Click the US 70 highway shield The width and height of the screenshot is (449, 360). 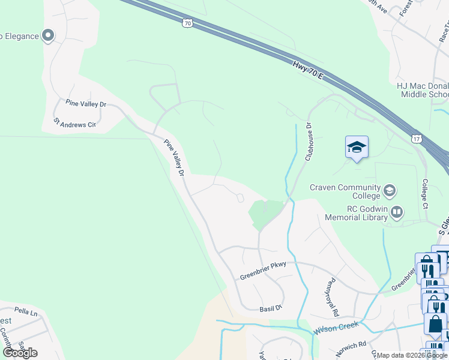tap(187, 23)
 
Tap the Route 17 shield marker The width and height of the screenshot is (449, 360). tap(417, 139)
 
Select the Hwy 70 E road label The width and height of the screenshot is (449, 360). tap(308, 71)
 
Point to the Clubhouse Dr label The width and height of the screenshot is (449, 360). tap(309, 142)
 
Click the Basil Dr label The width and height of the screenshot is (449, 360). tap(271, 308)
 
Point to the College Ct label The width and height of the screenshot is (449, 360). tap(424, 194)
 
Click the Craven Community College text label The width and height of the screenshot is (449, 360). tap(345, 191)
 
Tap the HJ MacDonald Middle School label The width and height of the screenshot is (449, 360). tap(423, 90)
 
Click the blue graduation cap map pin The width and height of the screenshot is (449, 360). tap(357, 147)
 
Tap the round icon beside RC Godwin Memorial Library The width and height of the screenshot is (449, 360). tap(396, 212)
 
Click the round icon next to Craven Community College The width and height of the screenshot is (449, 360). tap(389, 191)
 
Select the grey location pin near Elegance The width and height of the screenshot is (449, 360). tap(48, 36)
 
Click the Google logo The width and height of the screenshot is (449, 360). tap(20, 352)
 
